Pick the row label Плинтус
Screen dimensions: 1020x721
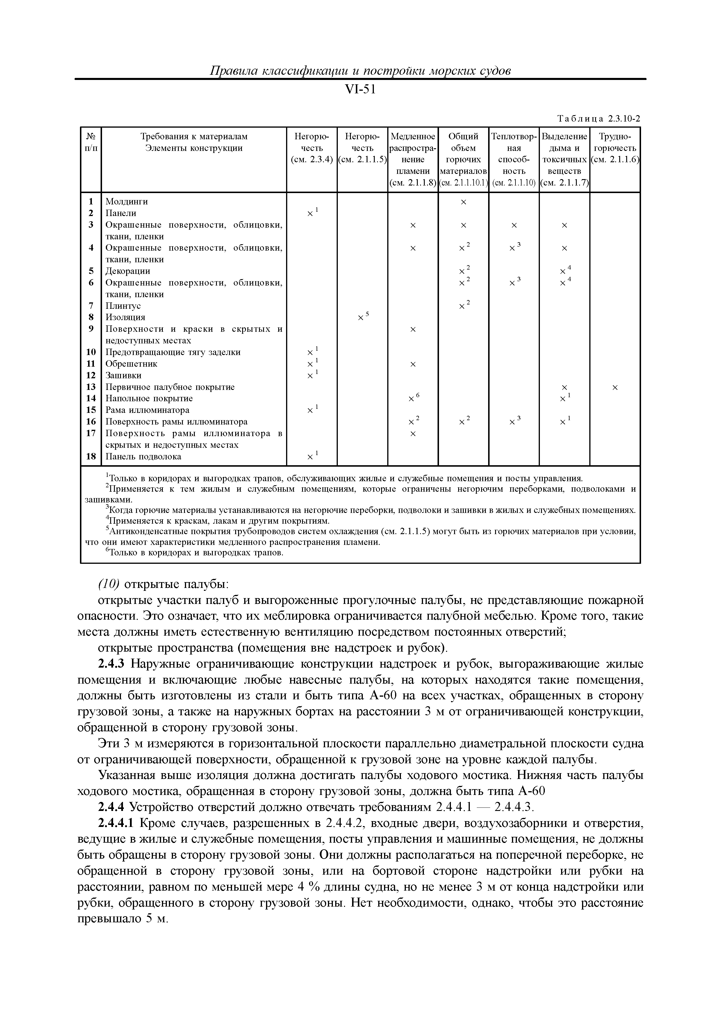click(x=123, y=306)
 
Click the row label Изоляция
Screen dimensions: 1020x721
click(x=125, y=317)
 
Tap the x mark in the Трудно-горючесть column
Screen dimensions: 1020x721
click(x=615, y=387)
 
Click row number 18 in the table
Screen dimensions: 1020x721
click(x=91, y=456)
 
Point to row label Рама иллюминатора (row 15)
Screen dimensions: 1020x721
click(x=147, y=410)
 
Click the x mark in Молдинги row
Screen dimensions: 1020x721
click(x=463, y=202)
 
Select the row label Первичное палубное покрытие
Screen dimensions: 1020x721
click(x=170, y=387)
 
